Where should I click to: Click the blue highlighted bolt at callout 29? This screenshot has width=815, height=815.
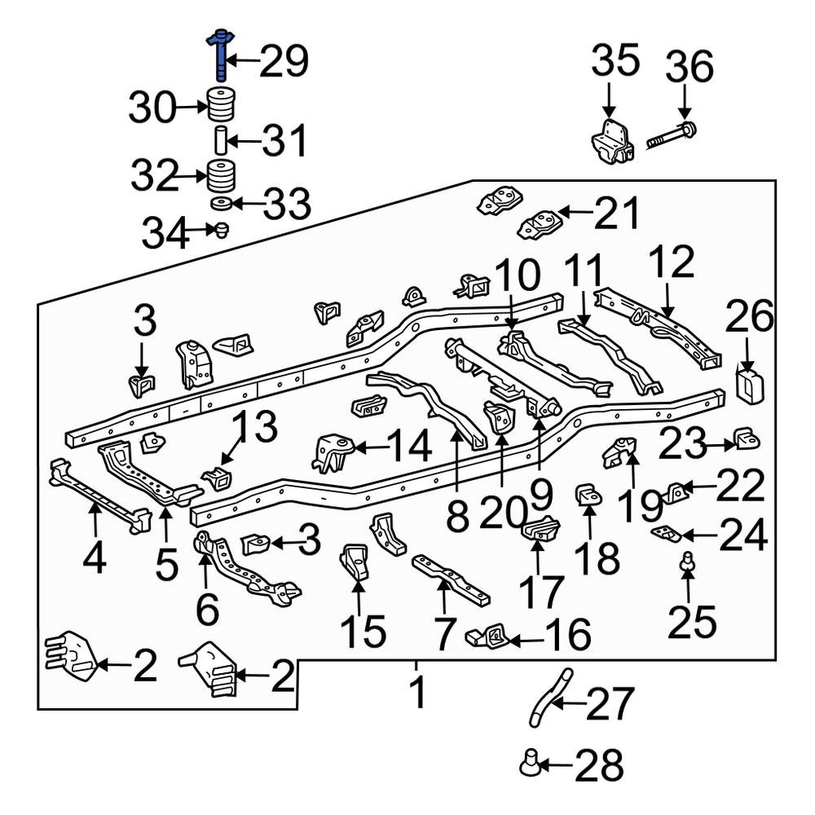tap(221, 54)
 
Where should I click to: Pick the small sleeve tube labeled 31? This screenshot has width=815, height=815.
tap(219, 140)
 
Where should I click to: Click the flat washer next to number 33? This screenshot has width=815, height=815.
tap(218, 203)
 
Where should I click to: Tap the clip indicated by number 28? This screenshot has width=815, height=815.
tap(530, 764)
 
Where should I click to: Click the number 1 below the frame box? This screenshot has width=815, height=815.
tap(417, 694)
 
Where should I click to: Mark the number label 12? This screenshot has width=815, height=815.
tap(672, 263)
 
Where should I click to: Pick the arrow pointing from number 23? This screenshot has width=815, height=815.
tap(720, 445)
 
